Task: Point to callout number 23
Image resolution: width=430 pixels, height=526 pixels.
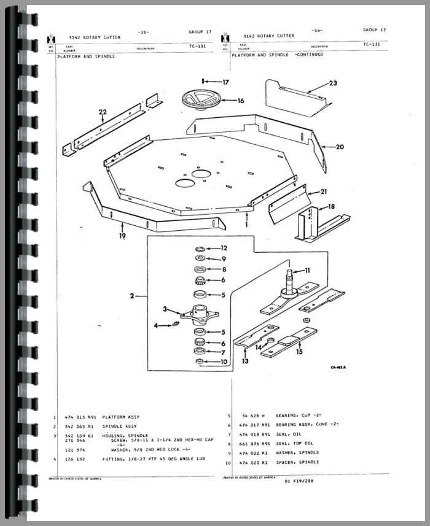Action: click(332, 83)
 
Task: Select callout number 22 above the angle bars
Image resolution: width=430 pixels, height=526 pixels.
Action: click(102, 112)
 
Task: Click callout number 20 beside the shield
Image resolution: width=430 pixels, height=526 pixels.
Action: click(340, 147)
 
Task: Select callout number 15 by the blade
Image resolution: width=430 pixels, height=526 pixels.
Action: click(299, 352)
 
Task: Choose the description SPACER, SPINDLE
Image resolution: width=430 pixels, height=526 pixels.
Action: click(300, 462)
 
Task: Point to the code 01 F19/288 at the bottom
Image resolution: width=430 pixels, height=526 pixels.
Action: click(300, 481)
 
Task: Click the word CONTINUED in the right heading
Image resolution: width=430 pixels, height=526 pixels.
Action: click(310, 55)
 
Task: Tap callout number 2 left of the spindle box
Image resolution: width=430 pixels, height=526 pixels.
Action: click(131, 296)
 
